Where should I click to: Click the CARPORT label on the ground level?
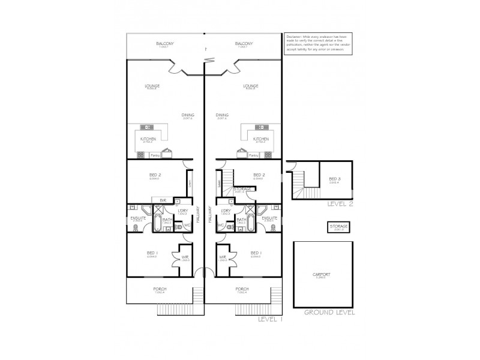(322, 274)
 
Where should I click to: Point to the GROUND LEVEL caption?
(329, 313)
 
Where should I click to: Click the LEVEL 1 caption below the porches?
(269, 320)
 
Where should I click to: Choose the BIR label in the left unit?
(162, 199)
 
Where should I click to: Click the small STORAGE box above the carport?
(338, 226)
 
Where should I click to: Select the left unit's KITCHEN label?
(148, 139)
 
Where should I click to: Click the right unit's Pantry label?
(253, 155)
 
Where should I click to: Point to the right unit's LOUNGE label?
(251, 86)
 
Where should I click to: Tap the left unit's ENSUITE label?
(138, 218)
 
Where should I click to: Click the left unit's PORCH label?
(160, 289)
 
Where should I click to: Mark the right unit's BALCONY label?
(244, 44)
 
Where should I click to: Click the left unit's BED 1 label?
(152, 253)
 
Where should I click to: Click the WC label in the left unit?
(187, 225)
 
